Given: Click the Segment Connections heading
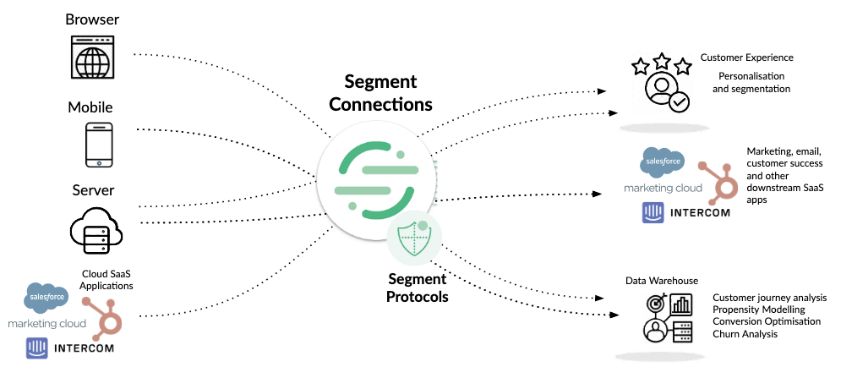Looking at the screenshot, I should (x=380, y=93).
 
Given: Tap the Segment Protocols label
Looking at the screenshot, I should (x=418, y=288).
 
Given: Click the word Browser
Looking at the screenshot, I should (x=93, y=19).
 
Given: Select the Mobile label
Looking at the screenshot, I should (x=90, y=108).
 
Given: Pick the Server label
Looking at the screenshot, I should (x=93, y=190).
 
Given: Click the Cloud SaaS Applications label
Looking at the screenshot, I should (x=107, y=280).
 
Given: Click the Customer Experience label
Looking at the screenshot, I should (x=746, y=58).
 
